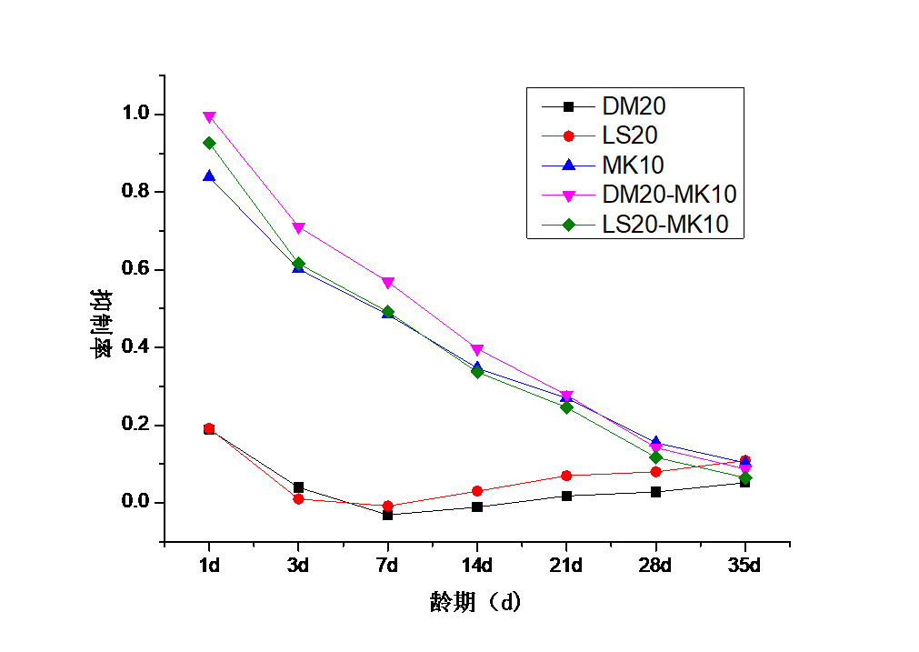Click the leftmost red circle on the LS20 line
pos(209,428)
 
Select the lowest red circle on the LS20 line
pos(387,506)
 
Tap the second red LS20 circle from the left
pos(298,498)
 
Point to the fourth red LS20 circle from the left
pos(477,491)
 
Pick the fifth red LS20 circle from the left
pos(566,476)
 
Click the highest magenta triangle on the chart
pos(209,117)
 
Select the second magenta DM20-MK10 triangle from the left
pos(298,228)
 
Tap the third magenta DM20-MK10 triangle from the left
pos(387,283)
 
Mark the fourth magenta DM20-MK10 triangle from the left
pos(477,350)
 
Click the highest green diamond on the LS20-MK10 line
pos(209,143)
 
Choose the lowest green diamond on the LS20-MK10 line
pos(745,477)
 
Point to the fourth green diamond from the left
pos(477,372)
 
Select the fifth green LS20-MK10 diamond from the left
pos(566,407)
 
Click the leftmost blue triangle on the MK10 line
pos(209,176)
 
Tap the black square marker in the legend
pos(568,106)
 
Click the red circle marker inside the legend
pos(568,135)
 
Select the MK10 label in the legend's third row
pos(633,165)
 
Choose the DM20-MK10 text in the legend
pos(669,194)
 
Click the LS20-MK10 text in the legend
pos(665,224)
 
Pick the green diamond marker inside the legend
pos(568,224)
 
